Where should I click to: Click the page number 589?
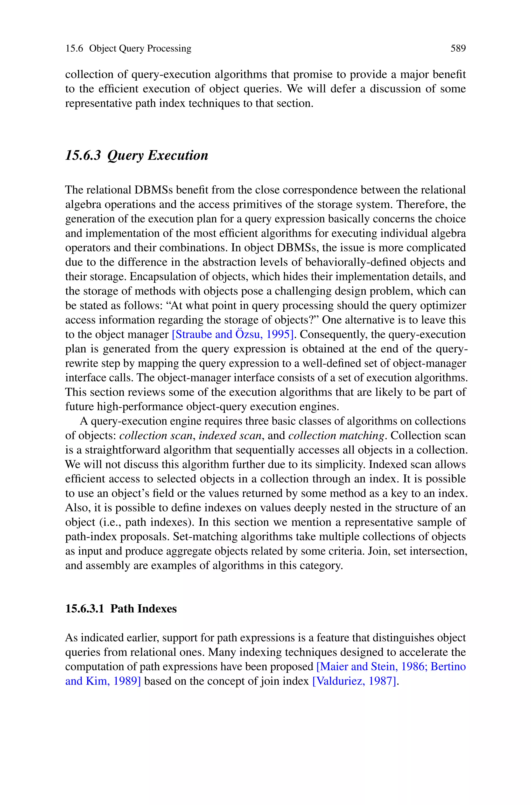[458, 49]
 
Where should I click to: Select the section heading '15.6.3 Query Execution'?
[136, 155]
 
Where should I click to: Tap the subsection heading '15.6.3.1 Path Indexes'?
[121, 609]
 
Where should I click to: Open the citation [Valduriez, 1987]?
[354, 681]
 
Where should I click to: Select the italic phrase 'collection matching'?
[337, 436]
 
